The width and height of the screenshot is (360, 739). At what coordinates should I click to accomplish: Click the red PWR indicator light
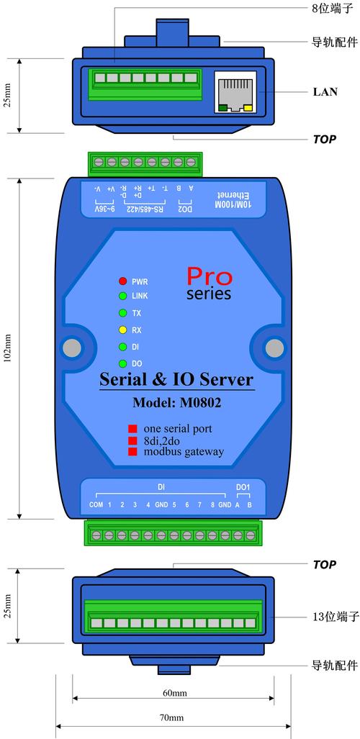(122, 281)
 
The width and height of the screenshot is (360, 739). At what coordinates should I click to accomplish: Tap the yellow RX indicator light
(122, 330)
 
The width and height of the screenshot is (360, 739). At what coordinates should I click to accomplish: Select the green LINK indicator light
(122, 296)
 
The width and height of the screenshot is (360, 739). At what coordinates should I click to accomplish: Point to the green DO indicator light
(122, 364)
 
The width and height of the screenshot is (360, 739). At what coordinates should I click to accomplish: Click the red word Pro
(210, 276)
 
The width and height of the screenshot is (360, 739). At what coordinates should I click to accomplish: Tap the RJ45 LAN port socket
(235, 92)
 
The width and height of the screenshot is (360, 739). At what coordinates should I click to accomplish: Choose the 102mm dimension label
(7, 349)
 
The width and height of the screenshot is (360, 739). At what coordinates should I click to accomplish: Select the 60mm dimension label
(174, 693)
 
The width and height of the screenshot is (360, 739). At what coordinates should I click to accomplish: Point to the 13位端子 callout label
(336, 617)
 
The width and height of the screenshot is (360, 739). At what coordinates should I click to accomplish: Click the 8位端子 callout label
(336, 8)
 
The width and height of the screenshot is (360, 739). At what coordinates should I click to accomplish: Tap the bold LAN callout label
(325, 91)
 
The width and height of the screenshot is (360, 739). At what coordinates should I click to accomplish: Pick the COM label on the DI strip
(96, 504)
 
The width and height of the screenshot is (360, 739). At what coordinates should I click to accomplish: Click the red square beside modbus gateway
(132, 451)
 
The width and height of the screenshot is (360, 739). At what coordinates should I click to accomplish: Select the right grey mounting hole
(274, 348)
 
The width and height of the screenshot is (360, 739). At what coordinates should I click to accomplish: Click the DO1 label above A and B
(243, 486)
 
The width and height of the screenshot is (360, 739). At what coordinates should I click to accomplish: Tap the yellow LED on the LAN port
(248, 109)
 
